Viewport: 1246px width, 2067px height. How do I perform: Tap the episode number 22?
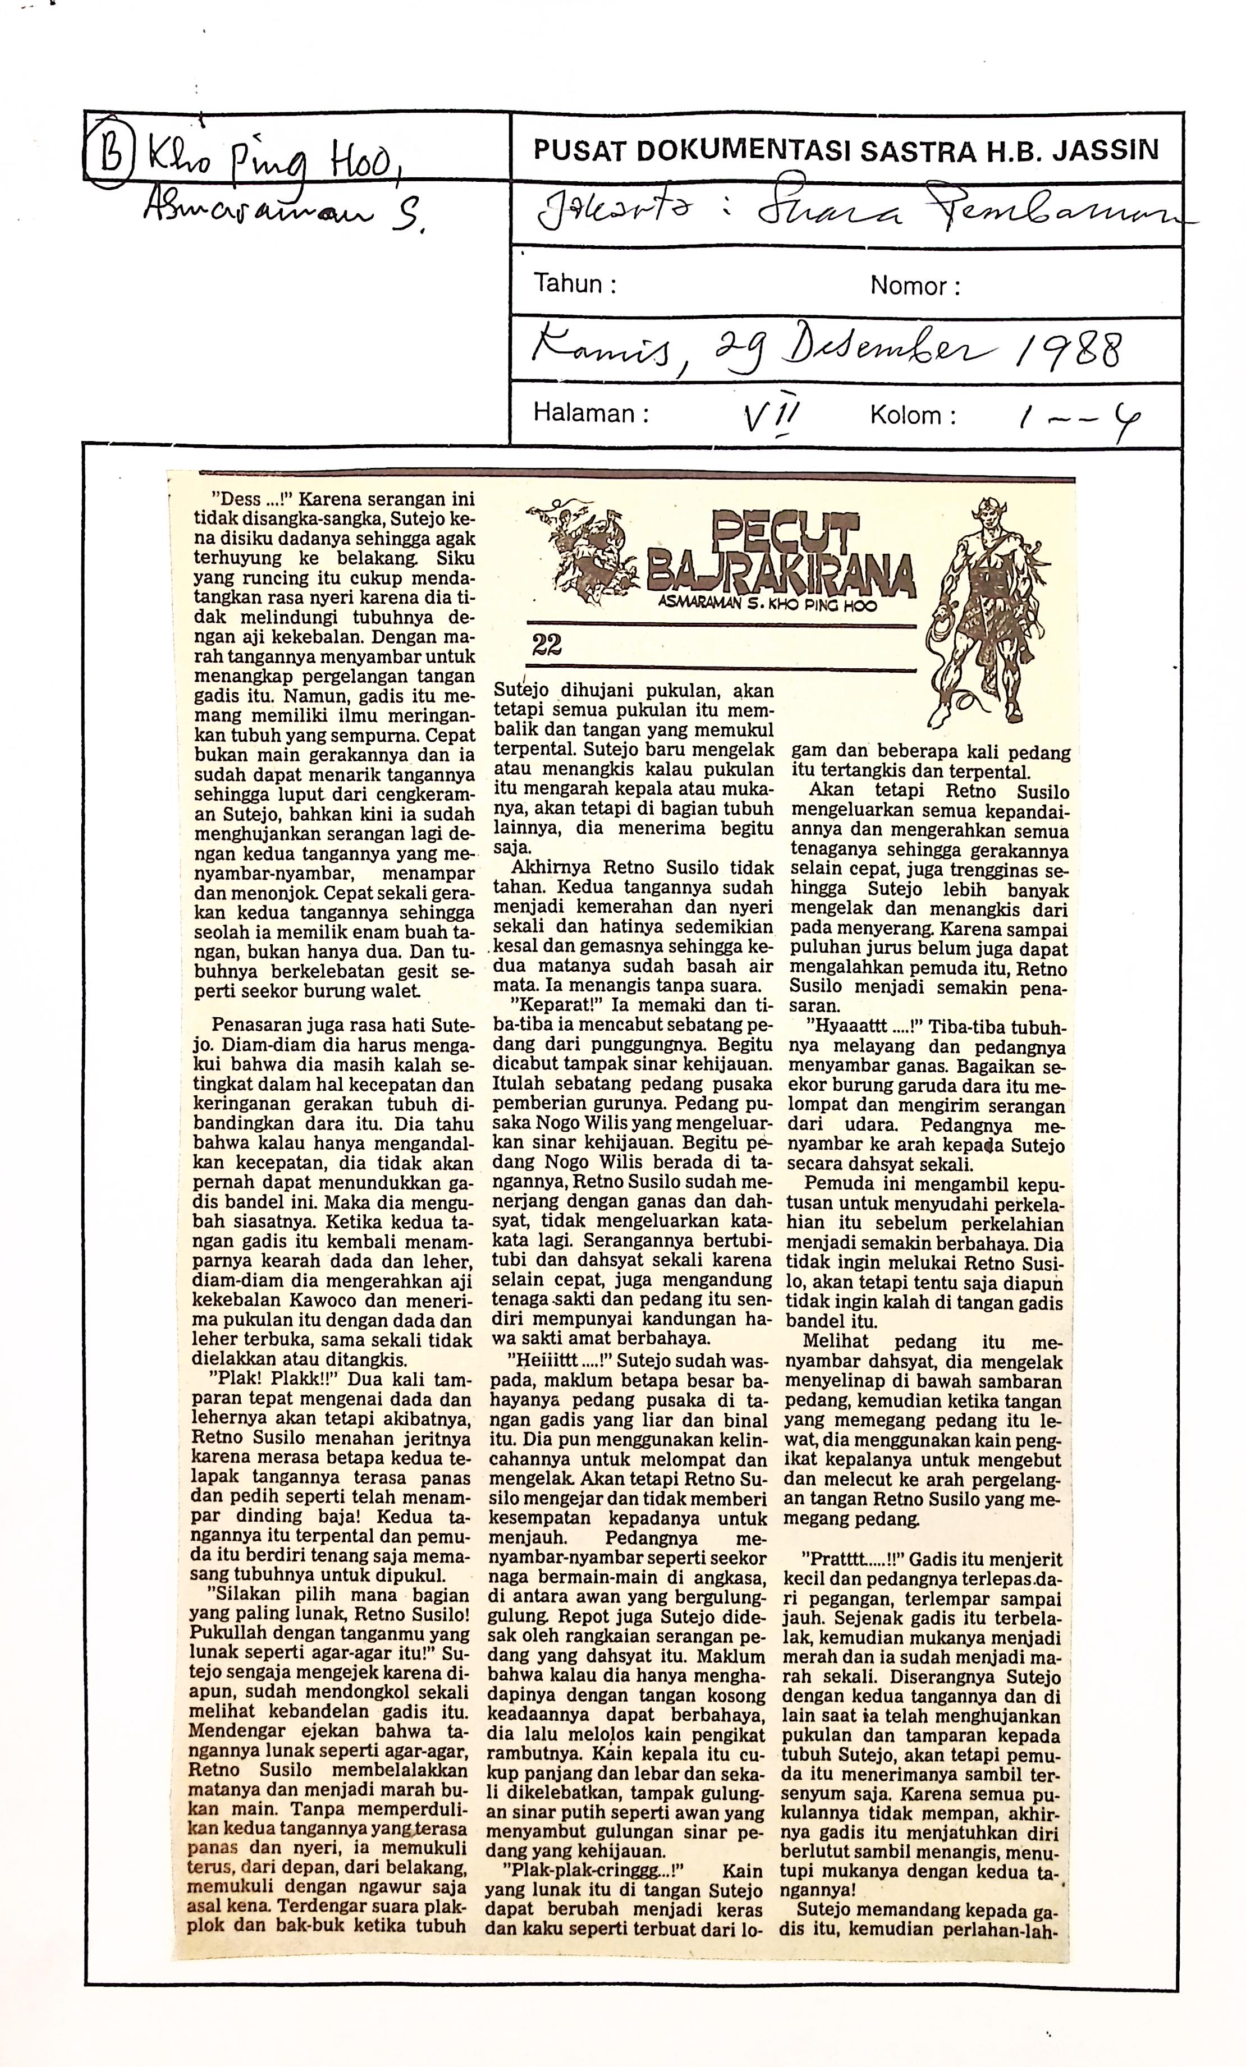coord(546,644)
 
